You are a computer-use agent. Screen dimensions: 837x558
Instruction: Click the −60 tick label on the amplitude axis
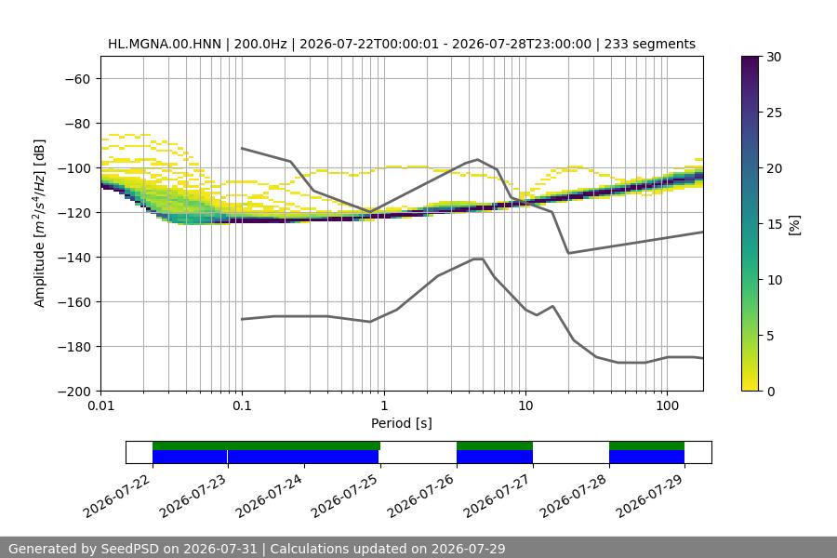78,79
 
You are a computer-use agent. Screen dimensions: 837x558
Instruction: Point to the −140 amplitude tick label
74,258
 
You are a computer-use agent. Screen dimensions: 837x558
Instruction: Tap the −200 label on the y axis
74,392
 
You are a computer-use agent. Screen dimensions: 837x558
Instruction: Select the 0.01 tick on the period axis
100,405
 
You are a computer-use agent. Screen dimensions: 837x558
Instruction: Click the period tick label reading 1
384,405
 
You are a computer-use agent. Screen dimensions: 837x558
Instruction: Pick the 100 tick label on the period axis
667,405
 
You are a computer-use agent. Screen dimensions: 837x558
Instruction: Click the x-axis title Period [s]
402,423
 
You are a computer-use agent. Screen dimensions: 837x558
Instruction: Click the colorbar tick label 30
774,57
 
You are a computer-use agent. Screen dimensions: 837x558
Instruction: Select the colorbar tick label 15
774,224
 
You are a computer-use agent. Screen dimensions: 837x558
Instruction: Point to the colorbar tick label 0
770,392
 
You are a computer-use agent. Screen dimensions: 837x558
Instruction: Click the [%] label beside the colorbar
795,225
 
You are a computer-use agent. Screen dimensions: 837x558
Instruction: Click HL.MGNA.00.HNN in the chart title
165,44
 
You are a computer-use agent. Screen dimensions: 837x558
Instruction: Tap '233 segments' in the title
650,44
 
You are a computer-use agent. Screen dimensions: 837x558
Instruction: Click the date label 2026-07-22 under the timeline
117,496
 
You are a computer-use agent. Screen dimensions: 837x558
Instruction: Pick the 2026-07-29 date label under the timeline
650,496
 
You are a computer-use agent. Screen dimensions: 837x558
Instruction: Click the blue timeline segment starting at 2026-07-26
495,457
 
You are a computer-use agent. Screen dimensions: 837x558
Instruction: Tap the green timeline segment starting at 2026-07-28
646,445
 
